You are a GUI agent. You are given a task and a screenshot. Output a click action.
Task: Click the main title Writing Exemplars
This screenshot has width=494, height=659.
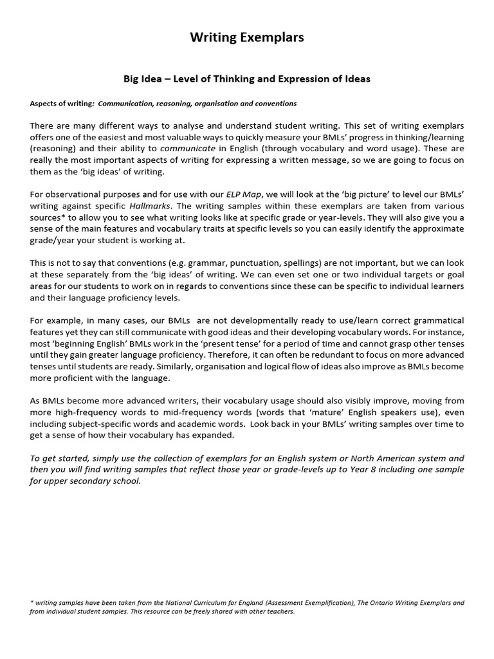tap(247, 38)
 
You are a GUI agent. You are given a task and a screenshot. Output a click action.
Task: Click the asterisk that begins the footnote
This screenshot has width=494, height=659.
tap(32, 603)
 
